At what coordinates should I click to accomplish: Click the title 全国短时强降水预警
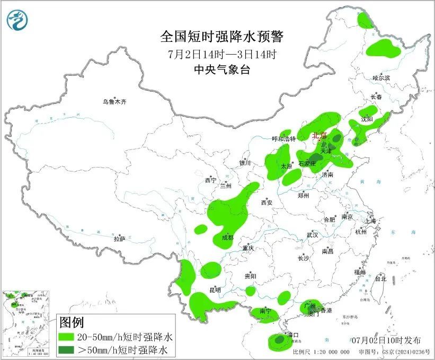click(222, 37)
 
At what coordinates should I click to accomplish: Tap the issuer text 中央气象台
click(222, 70)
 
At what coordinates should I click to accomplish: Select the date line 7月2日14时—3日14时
click(222, 54)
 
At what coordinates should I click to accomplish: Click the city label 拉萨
click(119, 239)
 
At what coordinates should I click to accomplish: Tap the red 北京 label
click(319, 135)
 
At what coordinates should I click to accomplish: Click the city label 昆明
click(215, 290)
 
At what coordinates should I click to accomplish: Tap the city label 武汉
click(312, 234)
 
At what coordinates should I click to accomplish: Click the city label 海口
click(294, 335)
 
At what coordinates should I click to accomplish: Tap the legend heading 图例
click(72, 322)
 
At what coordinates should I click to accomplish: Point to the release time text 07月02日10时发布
click(385, 340)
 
